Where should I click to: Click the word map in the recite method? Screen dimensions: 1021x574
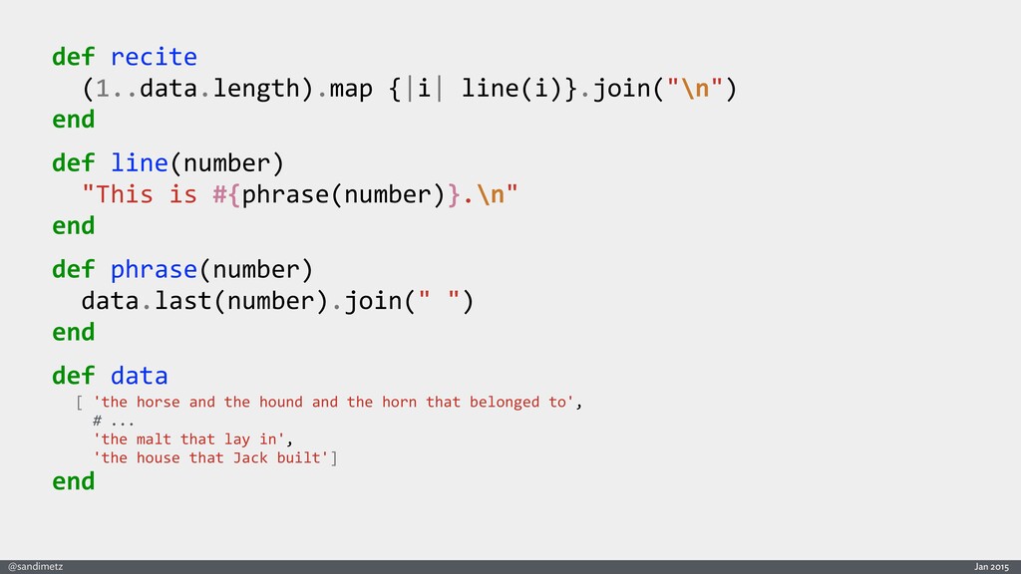tap(350, 88)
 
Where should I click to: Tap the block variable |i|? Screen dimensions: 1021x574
tap(425, 88)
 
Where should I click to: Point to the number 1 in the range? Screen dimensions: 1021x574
tap(103, 88)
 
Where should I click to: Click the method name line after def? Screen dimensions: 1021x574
tap(140, 162)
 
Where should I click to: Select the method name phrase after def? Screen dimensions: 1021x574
tap(154, 269)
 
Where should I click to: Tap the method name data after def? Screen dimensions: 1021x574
tap(140, 376)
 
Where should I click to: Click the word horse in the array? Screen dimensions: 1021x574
tap(159, 402)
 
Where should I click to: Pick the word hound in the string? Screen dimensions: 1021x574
tap(280, 402)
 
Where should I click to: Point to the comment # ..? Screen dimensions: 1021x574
tap(97, 420)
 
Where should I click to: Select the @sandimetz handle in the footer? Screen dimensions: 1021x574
tap(35, 566)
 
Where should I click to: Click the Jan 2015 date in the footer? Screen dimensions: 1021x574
tap(991, 566)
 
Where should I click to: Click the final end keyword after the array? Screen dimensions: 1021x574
tap(74, 481)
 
